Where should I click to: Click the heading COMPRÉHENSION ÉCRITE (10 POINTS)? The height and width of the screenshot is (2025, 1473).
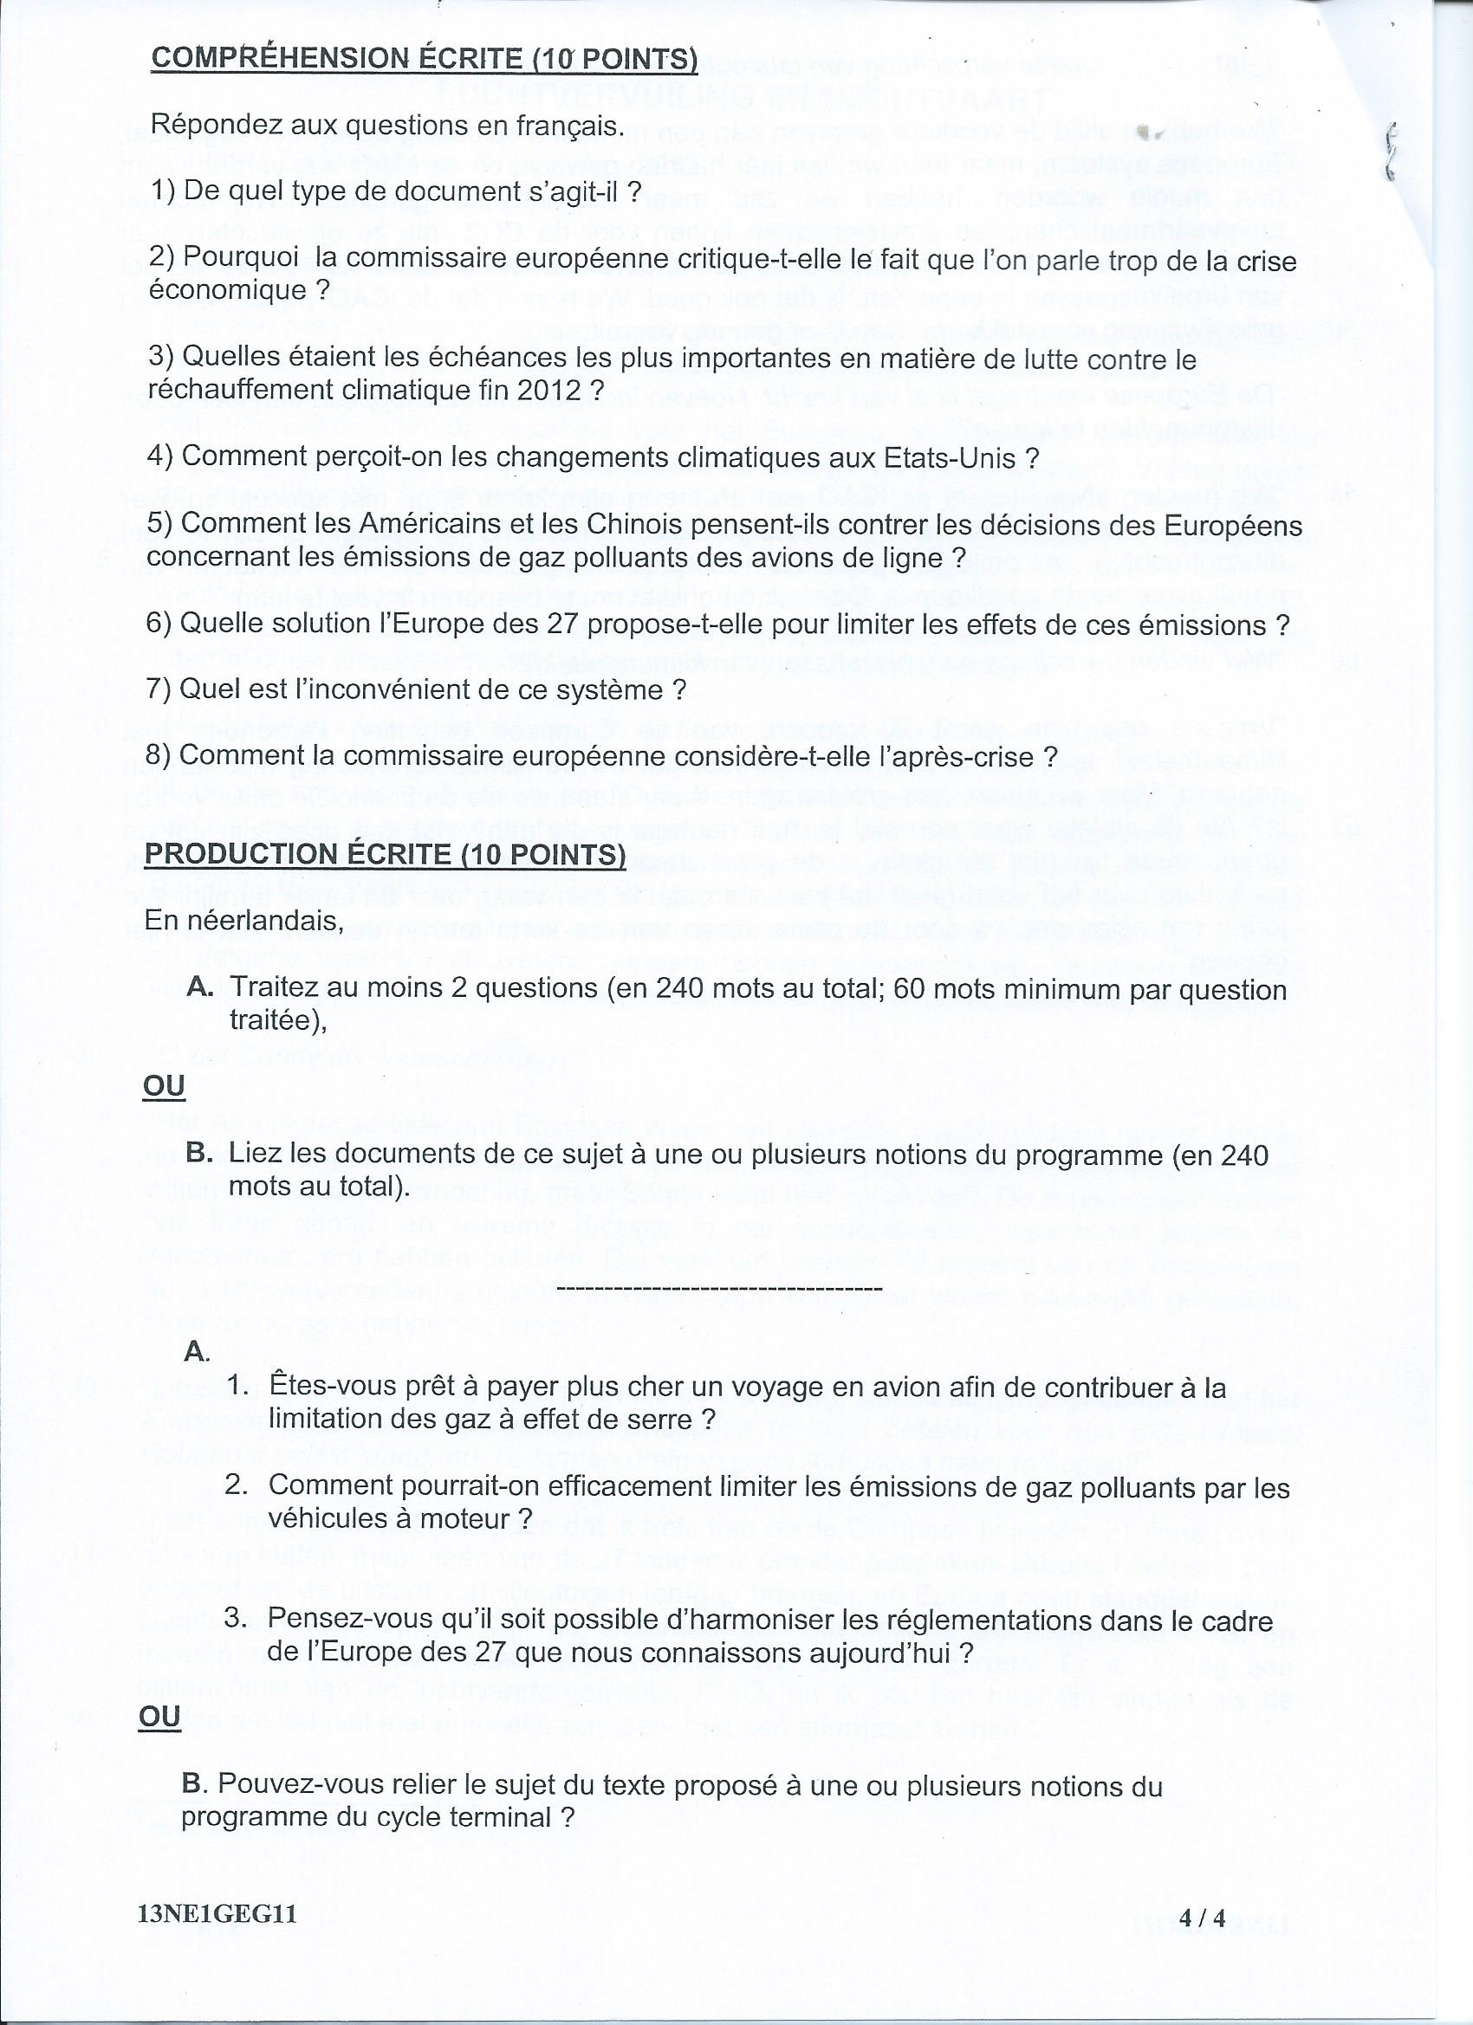[x=425, y=59]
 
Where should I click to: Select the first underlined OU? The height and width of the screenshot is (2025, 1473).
[x=164, y=1087]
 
